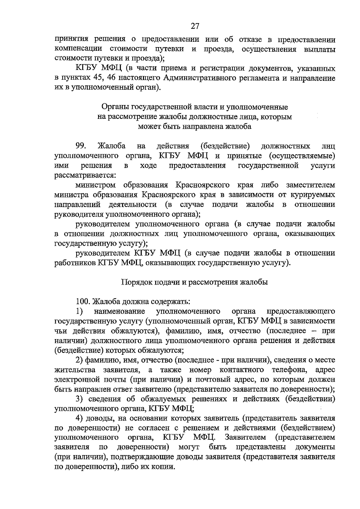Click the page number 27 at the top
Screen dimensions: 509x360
195,26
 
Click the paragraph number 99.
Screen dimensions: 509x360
81,146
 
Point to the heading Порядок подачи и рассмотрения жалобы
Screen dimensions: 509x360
194,282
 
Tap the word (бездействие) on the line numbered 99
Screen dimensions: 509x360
225,146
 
